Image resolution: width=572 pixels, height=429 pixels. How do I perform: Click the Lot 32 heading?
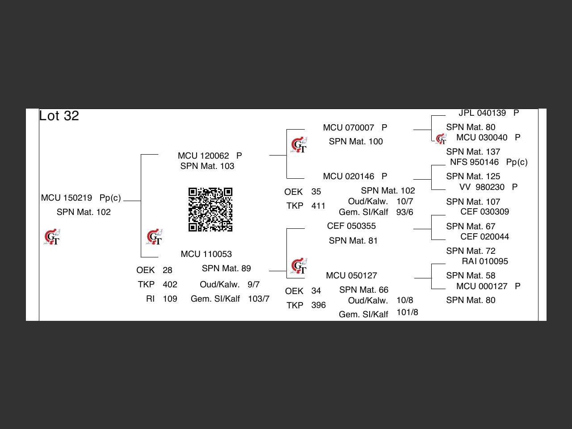coord(59,116)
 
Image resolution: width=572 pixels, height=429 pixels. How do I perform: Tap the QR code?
coord(210,210)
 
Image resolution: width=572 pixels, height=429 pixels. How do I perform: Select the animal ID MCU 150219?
coord(67,198)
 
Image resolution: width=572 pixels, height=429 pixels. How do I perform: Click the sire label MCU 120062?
coord(203,156)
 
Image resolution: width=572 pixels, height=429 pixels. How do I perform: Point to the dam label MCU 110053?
coord(206,254)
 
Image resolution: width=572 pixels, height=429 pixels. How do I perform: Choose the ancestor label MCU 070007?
coord(349,127)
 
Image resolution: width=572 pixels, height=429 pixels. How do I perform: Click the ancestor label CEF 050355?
coord(351,226)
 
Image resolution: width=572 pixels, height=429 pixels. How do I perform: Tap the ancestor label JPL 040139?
coord(482,113)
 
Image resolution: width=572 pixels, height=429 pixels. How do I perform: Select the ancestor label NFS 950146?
coord(474,162)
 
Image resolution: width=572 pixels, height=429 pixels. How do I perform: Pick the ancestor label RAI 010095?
coord(485,261)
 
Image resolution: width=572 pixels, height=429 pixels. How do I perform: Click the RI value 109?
coord(170,299)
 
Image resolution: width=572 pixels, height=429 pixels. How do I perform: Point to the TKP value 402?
coord(170,284)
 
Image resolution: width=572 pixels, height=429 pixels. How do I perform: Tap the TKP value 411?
coord(318,206)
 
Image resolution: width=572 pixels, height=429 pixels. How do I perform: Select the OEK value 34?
coord(316,290)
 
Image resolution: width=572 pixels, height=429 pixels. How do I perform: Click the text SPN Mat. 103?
coord(207,166)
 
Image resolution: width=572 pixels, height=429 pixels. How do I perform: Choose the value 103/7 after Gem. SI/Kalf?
coord(259,299)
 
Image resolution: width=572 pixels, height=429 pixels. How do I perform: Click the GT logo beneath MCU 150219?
coord(52,237)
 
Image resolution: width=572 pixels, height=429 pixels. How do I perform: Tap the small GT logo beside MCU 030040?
coord(441,139)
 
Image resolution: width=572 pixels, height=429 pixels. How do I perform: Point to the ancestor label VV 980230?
coord(482,187)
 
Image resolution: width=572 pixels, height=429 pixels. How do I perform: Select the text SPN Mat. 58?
coord(471,275)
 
